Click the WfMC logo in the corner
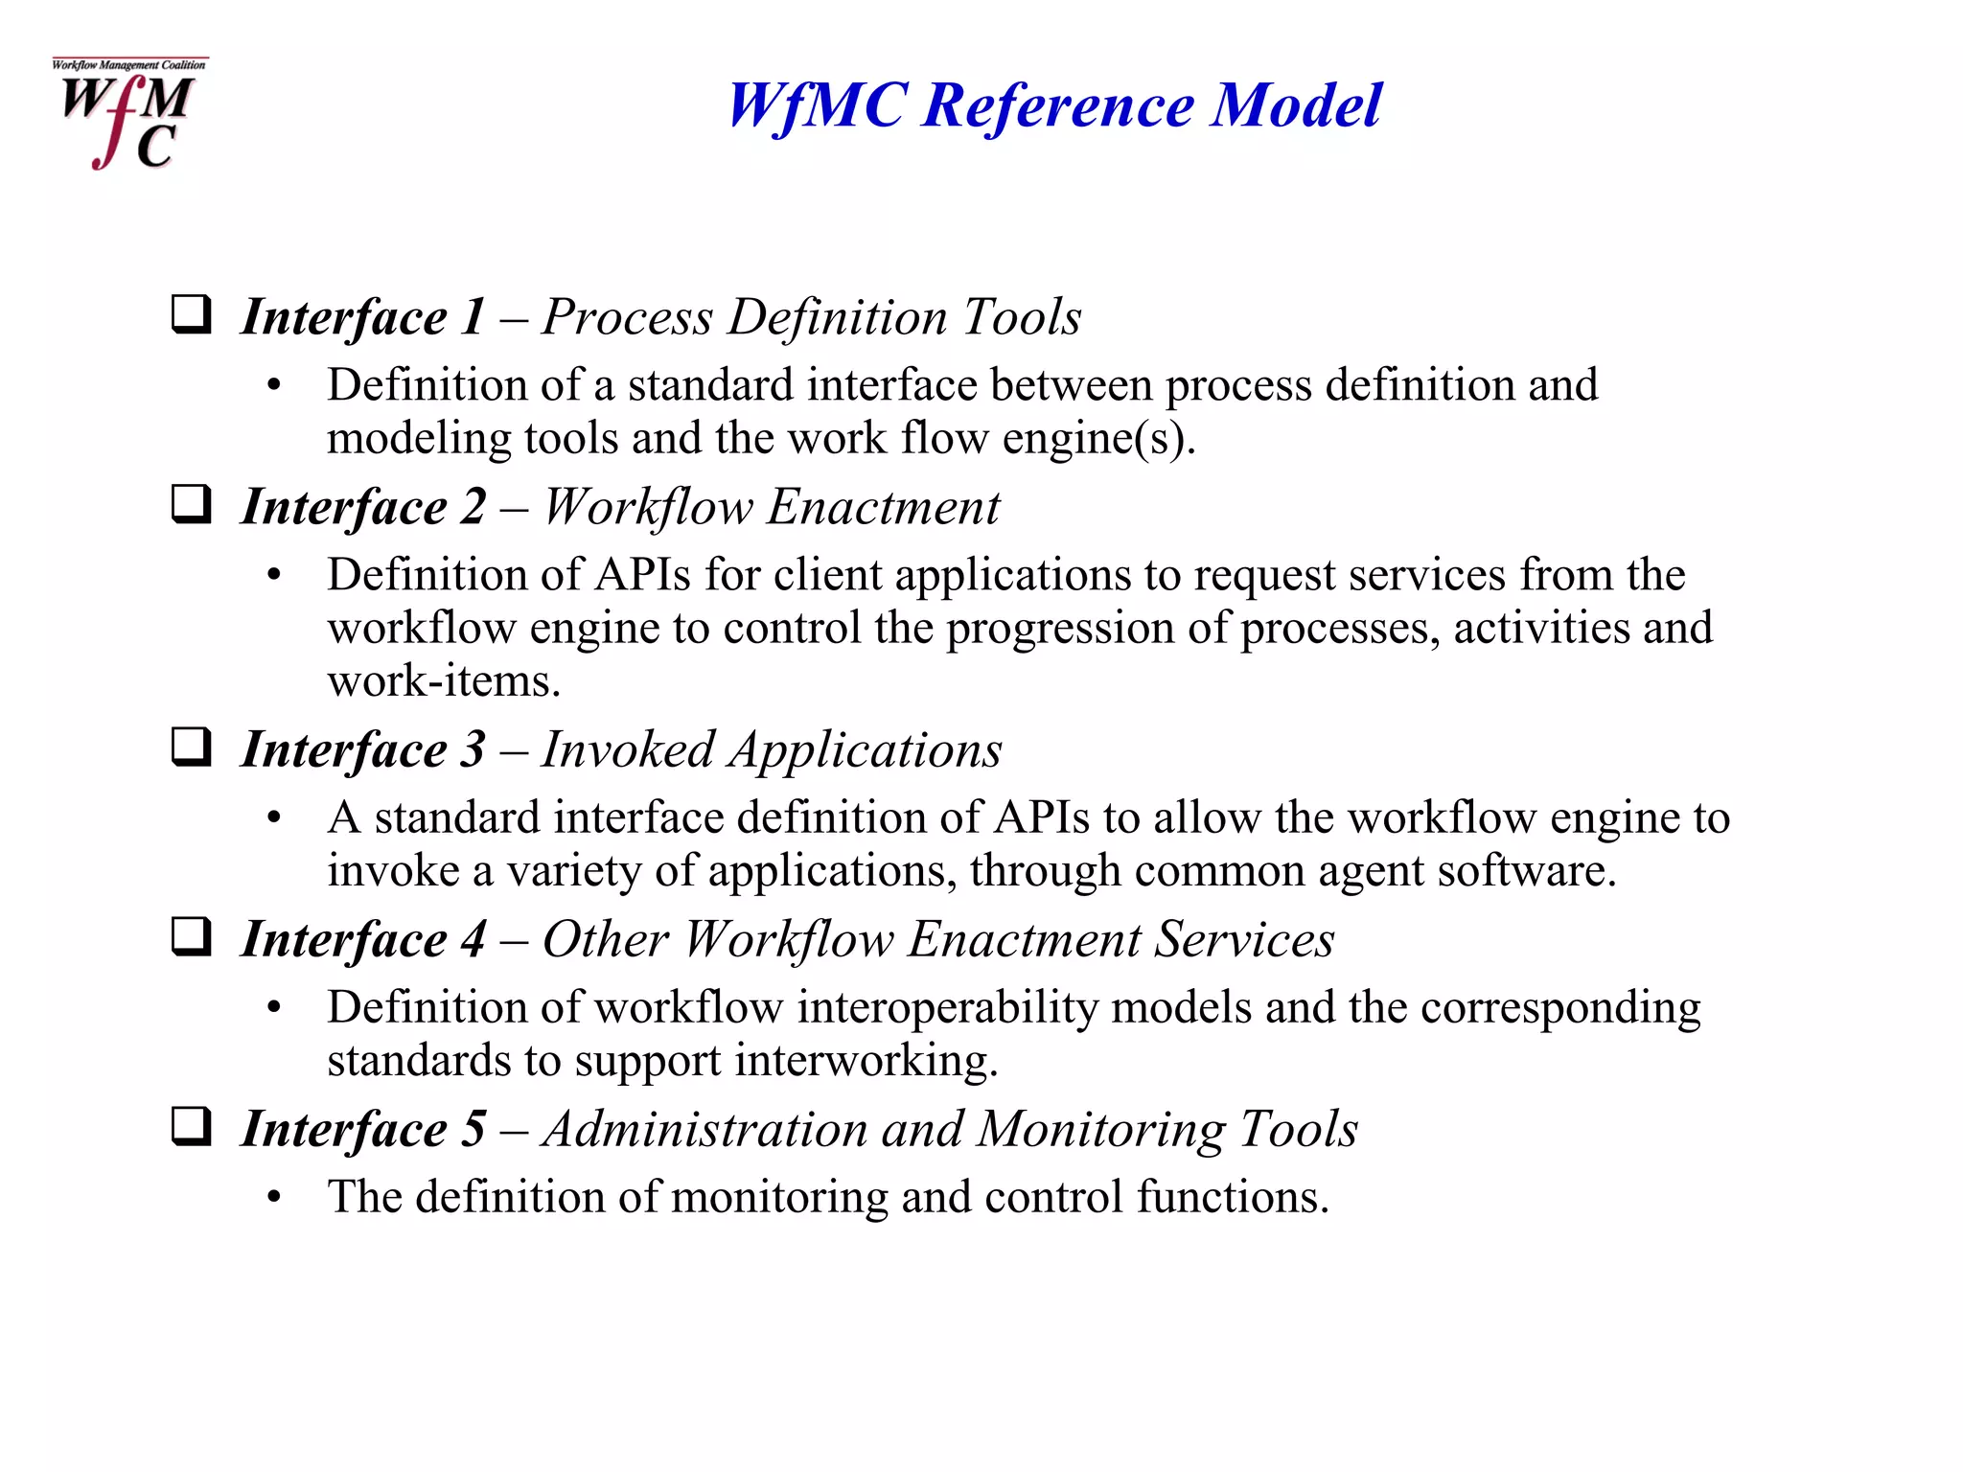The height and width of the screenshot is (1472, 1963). coord(128,114)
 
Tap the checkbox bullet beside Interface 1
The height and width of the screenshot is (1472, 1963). coord(191,315)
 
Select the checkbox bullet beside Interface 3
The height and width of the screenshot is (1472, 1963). coord(191,747)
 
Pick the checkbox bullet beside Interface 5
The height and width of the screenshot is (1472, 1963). coord(191,1127)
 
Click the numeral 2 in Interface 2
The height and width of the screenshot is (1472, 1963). coord(473,507)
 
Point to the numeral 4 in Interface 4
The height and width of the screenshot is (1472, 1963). coord(473,939)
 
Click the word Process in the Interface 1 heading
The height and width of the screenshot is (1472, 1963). coord(627,317)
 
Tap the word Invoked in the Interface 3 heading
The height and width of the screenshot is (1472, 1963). coord(628,749)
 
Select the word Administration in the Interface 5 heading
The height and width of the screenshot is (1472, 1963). coord(704,1129)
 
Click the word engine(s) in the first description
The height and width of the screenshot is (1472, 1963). coord(1099,439)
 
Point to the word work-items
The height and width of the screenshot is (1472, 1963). coord(443,681)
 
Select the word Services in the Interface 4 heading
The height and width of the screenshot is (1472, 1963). coord(1244,939)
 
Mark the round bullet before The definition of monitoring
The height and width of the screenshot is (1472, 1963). coord(275,1198)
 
